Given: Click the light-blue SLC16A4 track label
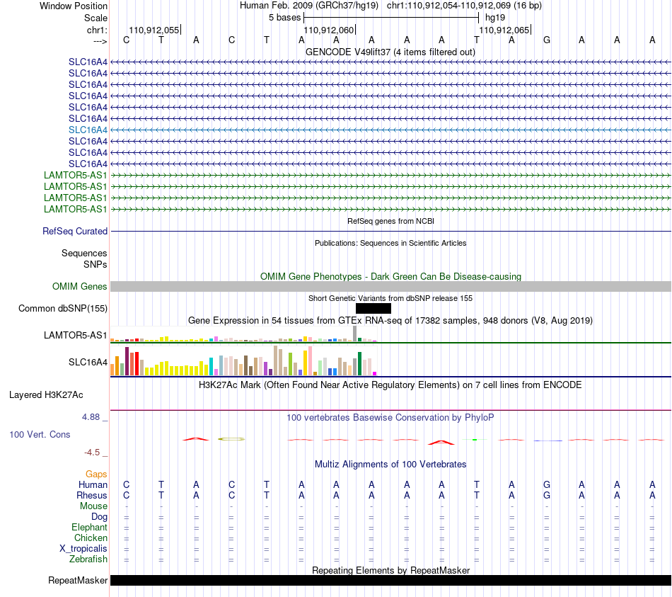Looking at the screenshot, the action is tap(88, 130).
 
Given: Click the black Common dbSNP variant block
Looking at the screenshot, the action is tap(373, 308).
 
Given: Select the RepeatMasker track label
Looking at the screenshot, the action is tap(78, 580).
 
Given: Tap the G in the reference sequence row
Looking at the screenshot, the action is tap(546, 40).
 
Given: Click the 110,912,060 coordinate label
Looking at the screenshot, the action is tap(329, 30).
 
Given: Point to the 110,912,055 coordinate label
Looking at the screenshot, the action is tap(154, 30).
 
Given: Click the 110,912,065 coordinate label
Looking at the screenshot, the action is tap(504, 30).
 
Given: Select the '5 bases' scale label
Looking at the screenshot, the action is tap(284, 18).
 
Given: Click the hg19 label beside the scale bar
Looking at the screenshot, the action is tap(495, 18).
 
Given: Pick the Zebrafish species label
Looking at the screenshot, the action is tap(88, 559).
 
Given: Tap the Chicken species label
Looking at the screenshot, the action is tap(91, 538).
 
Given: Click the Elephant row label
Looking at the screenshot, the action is tap(89, 527).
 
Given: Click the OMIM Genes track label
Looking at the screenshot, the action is tap(80, 286).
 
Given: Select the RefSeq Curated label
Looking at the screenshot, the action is tap(75, 231).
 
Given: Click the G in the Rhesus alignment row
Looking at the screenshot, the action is tap(546, 495).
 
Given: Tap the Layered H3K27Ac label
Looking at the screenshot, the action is tap(46, 395).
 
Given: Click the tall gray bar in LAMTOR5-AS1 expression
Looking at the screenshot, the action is tap(354, 334).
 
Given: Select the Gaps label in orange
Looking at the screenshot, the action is tap(96, 474).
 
